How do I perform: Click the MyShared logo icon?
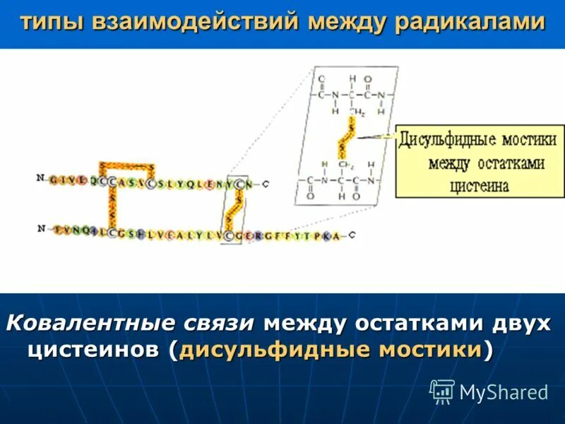pyautogui.click(x=442, y=391)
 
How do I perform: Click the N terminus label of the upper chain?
pyautogui.click(x=40, y=178)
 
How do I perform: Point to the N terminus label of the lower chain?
pyautogui.click(x=42, y=228)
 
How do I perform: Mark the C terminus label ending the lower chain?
pyautogui.click(x=351, y=235)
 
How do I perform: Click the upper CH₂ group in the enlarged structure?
pyautogui.click(x=358, y=112)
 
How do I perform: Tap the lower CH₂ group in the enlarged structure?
pyautogui.click(x=346, y=165)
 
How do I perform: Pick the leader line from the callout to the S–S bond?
pyautogui.click(x=379, y=136)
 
